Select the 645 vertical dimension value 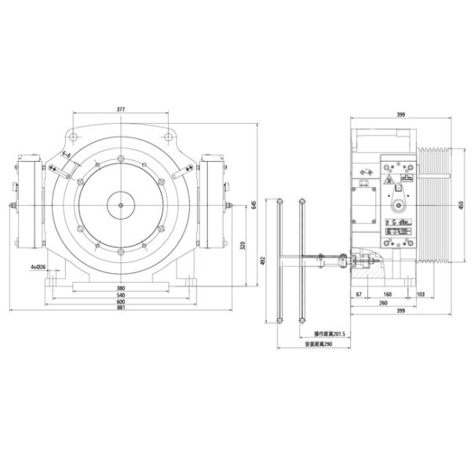pyautogui.click(x=254, y=205)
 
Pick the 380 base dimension pyautogui.click(x=121, y=287)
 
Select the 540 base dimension pyautogui.click(x=121, y=295)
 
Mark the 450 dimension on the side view pyautogui.click(x=459, y=206)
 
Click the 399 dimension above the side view pyautogui.click(x=401, y=115)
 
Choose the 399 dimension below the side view pyautogui.click(x=401, y=311)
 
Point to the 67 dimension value pyautogui.click(x=359, y=294)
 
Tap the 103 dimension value pyautogui.click(x=422, y=294)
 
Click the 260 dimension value pyautogui.click(x=382, y=302)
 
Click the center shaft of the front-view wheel pyautogui.click(x=120, y=206)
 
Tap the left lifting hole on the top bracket pyautogui.click(x=72, y=137)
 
